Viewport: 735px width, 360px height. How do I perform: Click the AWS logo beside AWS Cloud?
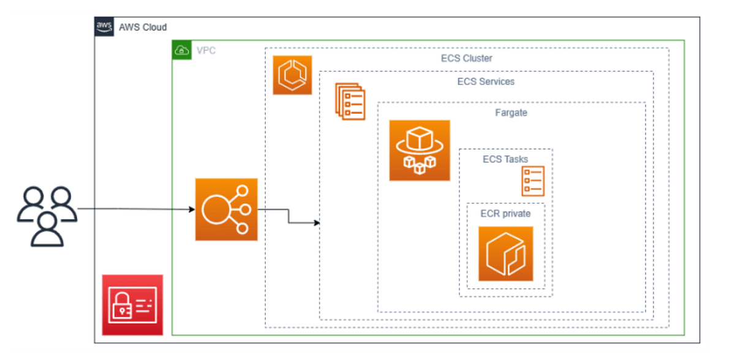[104, 27]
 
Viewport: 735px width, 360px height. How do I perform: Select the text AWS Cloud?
[142, 28]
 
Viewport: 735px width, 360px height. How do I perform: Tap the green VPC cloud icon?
[181, 50]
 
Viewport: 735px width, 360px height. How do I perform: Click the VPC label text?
[206, 51]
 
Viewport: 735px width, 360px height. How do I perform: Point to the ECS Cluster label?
[466, 59]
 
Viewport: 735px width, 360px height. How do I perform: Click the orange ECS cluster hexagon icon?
[292, 75]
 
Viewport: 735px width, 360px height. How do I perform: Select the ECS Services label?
[486, 81]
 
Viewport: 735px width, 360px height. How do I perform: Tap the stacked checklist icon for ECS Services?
[350, 102]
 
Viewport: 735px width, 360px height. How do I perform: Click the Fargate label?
[511, 113]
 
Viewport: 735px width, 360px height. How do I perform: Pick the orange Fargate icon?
[420, 151]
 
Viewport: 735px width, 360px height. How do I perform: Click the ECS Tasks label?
[505, 160]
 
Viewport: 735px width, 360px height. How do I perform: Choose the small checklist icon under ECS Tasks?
[532, 181]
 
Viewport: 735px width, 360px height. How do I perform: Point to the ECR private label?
[505, 214]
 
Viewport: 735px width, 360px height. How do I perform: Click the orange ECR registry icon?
[505, 253]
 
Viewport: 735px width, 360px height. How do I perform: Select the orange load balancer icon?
[226, 209]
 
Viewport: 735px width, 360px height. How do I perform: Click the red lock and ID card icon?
[132, 305]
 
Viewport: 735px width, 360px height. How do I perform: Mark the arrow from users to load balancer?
[135, 209]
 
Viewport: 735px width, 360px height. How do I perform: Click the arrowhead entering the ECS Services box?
[317, 223]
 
